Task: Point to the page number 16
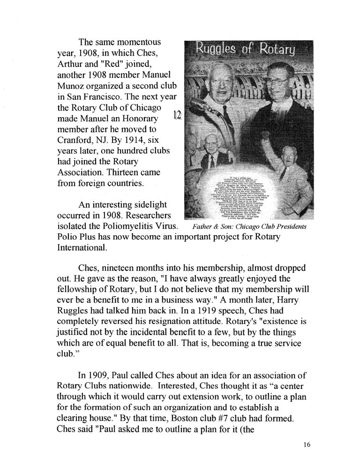[x=307, y=445]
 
